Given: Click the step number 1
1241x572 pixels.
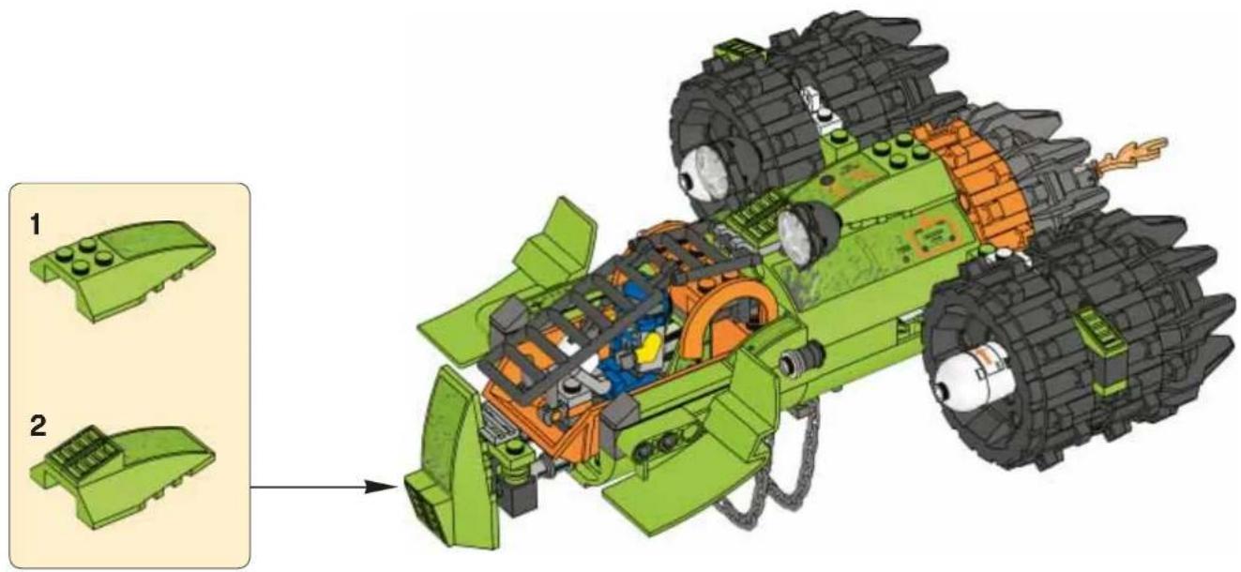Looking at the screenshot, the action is [x=35, y=225].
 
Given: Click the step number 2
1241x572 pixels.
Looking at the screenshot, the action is [x=38, y=427].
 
